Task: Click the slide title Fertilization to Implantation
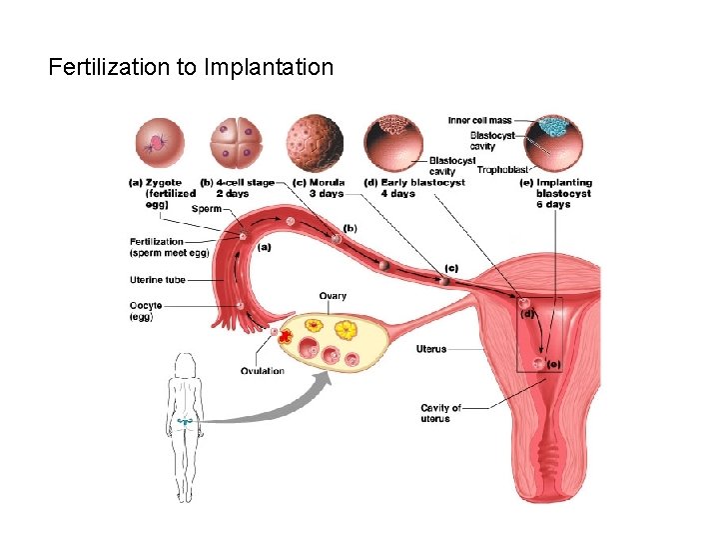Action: pos(191,68)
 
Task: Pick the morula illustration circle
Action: pos(314,141)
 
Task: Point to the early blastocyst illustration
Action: pos(392,141)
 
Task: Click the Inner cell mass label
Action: pos(479,121)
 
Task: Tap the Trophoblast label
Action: pos(502,170)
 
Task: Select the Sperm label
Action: pos(206,209)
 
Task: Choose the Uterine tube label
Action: pos(159,279)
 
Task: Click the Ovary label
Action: pos(333,296)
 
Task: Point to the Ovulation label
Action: pos(263,371)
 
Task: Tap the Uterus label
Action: pos(431,349)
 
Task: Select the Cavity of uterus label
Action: pos(440,413)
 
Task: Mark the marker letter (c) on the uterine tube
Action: pos(452,268)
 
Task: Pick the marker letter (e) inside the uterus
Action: pos(553,364)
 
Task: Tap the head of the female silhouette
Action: pos(184,363)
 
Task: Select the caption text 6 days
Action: pos(558,204)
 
